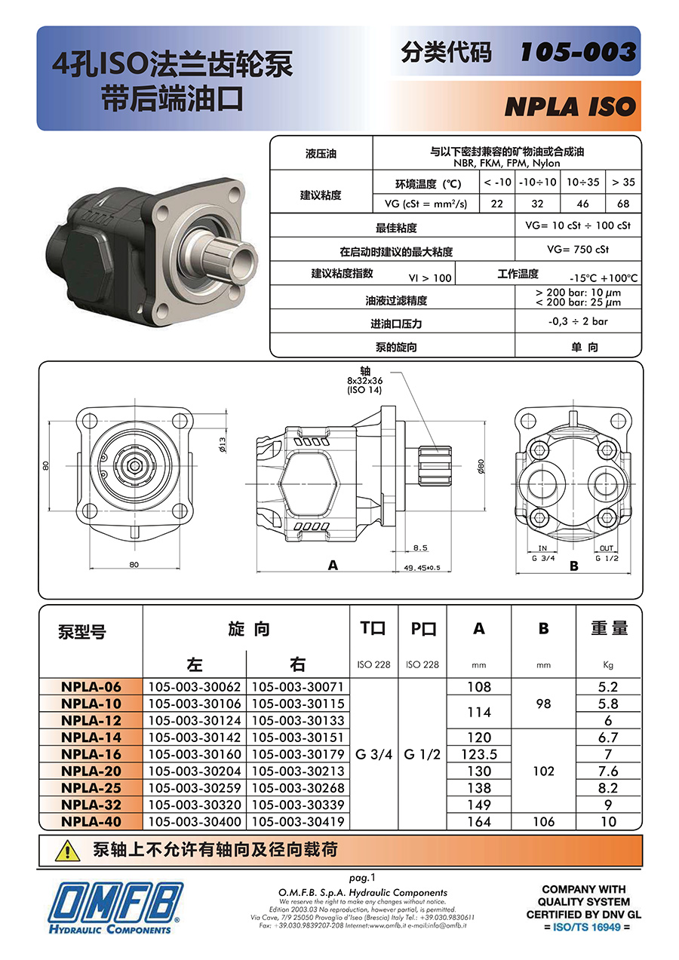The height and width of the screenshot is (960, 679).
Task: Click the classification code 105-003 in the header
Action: click(x=578, y=52)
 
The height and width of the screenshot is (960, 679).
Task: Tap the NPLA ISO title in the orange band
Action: click(x=570, y=107)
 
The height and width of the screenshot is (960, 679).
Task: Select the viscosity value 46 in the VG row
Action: click(x=582, y=204)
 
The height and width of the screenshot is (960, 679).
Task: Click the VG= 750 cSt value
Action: click(x=578, y=250)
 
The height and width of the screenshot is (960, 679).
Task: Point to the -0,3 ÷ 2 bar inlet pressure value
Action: click(x=578, y=321)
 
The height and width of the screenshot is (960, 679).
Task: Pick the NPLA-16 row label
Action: click(x=91, y=754)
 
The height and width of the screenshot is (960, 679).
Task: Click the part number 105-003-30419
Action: click(x=298, y=821)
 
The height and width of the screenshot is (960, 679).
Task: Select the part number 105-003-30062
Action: click(x=195, y=687)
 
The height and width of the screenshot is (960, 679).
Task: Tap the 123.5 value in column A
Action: click(x=479, y=754)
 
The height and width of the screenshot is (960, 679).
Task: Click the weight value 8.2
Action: click(x=608, y=788)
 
